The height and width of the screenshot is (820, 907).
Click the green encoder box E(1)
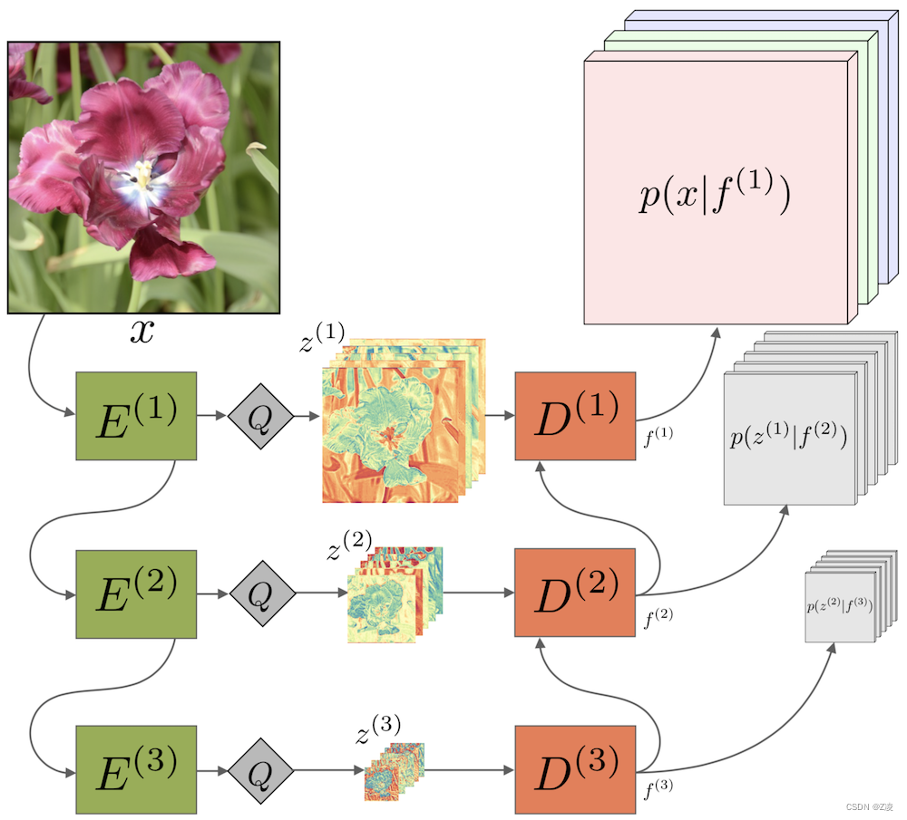point(136,416)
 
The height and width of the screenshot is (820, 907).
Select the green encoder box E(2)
point(136,593)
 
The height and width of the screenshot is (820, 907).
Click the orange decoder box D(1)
point(575,416)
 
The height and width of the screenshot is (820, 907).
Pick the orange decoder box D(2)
point(575,593)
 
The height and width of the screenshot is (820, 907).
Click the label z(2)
point(348,545)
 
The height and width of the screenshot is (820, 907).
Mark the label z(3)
point(377,727)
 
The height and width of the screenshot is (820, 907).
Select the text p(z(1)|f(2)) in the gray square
point(788,439)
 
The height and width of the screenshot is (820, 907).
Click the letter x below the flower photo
point(141,332)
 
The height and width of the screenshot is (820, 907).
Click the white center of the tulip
point(143,175)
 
